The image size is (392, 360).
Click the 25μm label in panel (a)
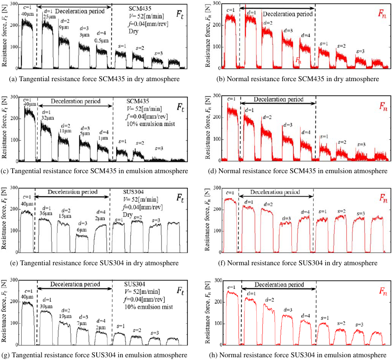[49, 17]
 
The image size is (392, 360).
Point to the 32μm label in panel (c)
[48, 117]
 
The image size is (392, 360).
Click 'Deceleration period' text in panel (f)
[275, 192]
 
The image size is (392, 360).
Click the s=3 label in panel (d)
[361, 145]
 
